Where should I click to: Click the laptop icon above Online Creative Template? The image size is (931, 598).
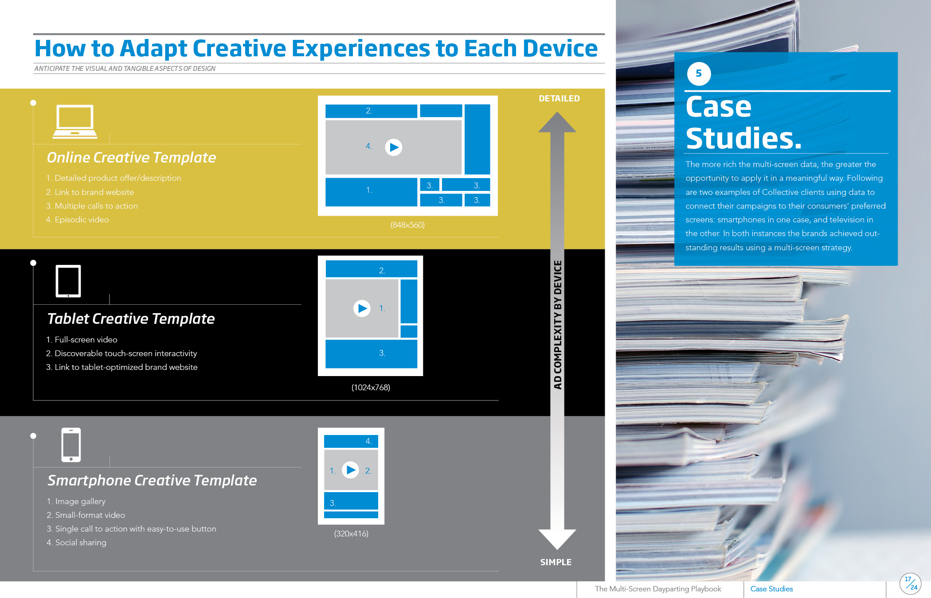click(75, 122)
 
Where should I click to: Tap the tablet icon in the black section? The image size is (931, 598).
click(68, 281)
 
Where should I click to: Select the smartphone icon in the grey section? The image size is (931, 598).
click(71, 445)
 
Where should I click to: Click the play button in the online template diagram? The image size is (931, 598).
click(393, 147)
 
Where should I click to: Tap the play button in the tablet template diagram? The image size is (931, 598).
click(362, 308)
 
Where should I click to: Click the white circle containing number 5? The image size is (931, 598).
click(699, 74)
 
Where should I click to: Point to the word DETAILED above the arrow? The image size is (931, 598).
click(559, 98)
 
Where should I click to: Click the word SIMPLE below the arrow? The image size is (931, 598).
click(555, 562)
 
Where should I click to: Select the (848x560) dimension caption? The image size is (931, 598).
click(407, 225)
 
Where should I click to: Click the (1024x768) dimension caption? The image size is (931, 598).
click(371, 388)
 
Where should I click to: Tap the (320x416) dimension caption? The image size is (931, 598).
click(351, 534)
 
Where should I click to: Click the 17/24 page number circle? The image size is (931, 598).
click(911, 583)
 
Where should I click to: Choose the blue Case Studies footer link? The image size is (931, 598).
click(771, 589)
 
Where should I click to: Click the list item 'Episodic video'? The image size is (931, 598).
click(78, 220)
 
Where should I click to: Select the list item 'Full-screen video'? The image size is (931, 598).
click(82, 340)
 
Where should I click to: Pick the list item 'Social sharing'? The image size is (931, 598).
click(76, 543)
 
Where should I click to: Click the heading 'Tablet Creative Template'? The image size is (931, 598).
click(131, 318)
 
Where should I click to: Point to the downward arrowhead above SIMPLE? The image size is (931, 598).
click(557, 539)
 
